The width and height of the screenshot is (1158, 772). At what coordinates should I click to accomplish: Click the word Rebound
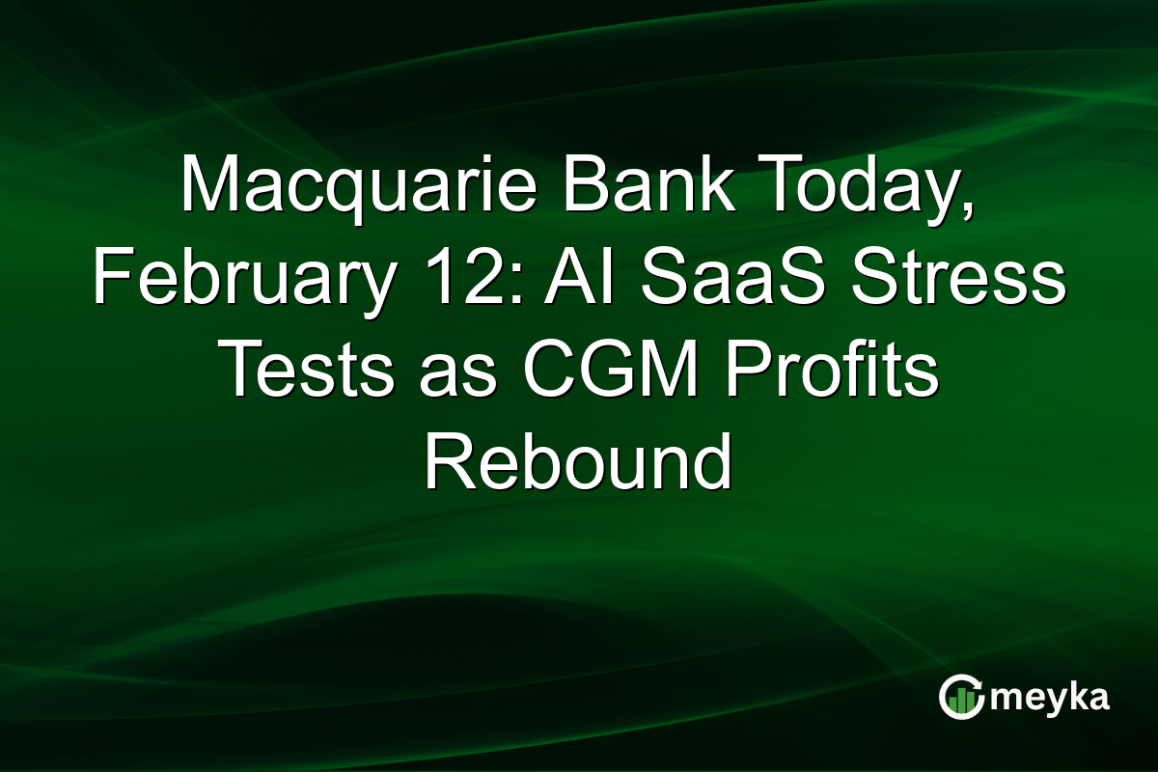(577, 464)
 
